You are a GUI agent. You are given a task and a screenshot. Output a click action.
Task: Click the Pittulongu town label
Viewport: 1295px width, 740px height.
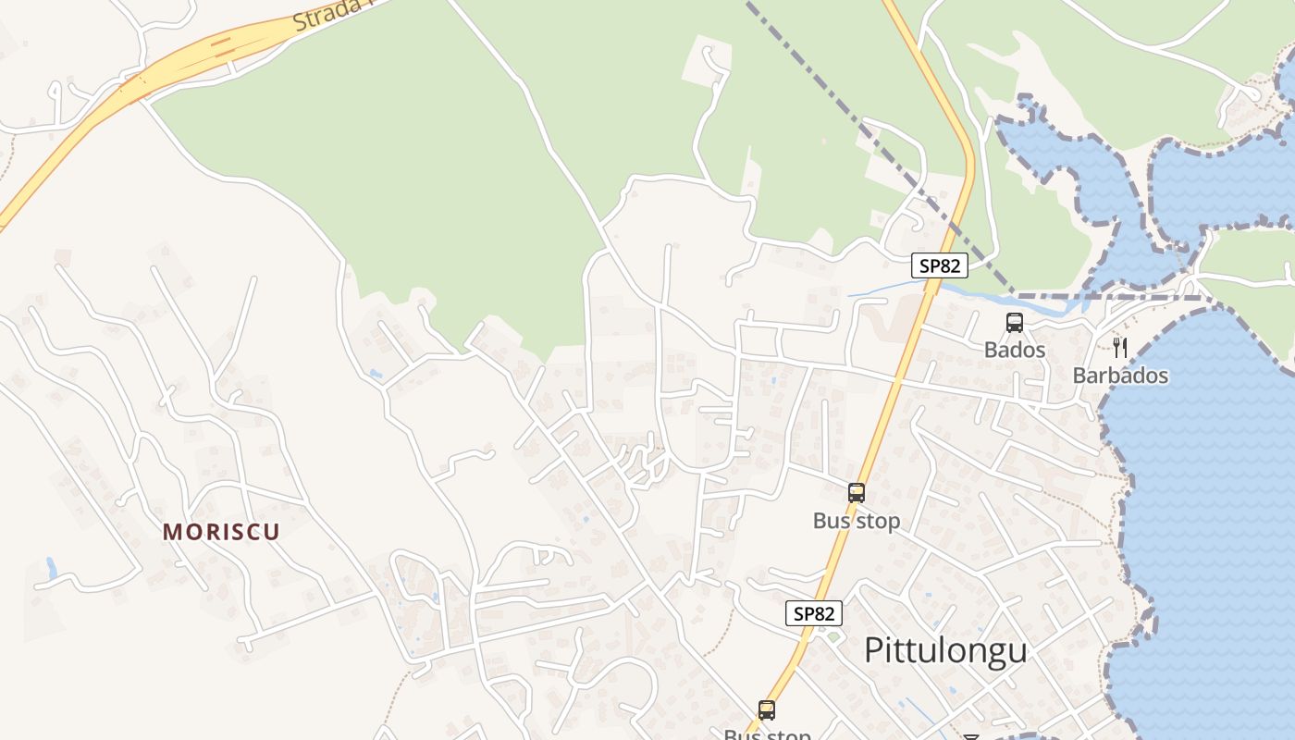(x=945, y=650)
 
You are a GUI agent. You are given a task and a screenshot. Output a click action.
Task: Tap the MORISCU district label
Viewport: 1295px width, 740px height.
(x=221, y=532)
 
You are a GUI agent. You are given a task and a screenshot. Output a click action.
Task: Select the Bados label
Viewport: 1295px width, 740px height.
(x=1015, y=350)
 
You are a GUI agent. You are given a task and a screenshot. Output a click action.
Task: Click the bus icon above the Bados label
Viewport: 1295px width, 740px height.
(x=1015, y=323)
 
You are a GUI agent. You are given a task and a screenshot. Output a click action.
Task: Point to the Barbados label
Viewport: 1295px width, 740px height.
(x=1120, y=376)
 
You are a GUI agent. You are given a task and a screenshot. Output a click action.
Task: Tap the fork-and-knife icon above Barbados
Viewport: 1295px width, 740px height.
(x=1120, y=348)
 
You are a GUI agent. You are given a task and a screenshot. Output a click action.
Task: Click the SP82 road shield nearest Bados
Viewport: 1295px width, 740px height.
(x=939, y=266)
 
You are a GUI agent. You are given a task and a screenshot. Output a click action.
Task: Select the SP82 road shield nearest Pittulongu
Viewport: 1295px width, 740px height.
(x=815, y=612)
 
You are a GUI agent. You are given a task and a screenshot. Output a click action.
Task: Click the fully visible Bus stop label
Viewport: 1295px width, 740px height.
(x=856, y=521)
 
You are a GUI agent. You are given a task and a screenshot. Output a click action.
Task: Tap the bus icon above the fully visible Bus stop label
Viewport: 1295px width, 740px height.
(x=857, y=493)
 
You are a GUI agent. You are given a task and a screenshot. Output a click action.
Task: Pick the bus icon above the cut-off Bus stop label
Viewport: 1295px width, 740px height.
(x=767, y=710)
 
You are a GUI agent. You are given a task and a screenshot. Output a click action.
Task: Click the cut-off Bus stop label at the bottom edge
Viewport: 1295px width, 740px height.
(x=767, y=734)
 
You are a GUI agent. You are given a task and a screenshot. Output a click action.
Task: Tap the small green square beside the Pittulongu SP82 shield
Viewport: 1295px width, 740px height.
(x=833, y=636)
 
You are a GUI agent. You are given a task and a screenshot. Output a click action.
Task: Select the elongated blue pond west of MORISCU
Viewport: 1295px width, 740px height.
(x=52, y=567)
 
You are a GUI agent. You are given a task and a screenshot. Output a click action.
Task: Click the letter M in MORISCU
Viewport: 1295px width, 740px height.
(x=171, y=532)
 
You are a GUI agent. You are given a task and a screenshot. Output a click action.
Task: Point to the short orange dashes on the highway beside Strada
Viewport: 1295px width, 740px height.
(x=219, y=44)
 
